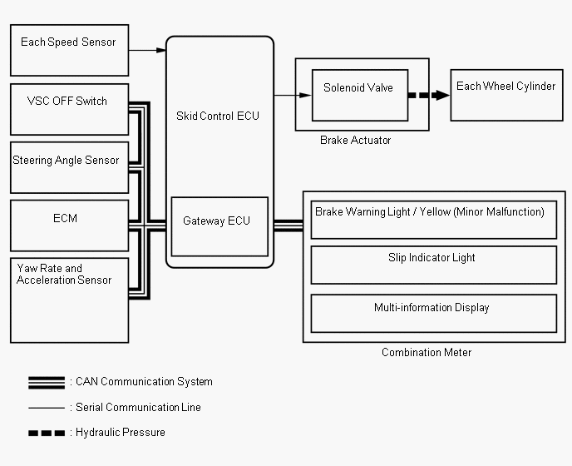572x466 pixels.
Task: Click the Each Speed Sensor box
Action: point(69,51)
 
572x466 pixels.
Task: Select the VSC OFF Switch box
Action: point(69,110)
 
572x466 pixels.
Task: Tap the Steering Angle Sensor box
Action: point(69,167)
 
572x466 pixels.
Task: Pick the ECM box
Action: point(69,226)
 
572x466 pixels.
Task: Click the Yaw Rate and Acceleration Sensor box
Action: point(69,300)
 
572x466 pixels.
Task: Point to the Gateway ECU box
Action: point(219,227)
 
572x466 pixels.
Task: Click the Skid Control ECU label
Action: point(218,116)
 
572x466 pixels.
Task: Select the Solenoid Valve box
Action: point(360,96)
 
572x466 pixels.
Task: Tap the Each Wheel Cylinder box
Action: point(506,96)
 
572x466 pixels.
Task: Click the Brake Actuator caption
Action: point(355,141)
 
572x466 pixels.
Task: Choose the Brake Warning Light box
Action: point(434,220)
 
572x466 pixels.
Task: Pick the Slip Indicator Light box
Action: point(434,265)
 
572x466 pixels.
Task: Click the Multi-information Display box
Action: point(434,314)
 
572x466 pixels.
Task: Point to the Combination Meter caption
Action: point(427,353)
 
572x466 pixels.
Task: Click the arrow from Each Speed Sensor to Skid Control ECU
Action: point(147,50)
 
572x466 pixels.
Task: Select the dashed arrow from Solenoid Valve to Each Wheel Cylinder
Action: point(429,96)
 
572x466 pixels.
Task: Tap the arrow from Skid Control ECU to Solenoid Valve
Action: point(293,96)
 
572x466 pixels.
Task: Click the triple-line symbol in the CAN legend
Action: point(47,383)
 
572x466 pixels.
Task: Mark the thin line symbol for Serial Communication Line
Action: point(47,408)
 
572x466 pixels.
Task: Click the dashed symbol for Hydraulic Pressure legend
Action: point(47,434)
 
